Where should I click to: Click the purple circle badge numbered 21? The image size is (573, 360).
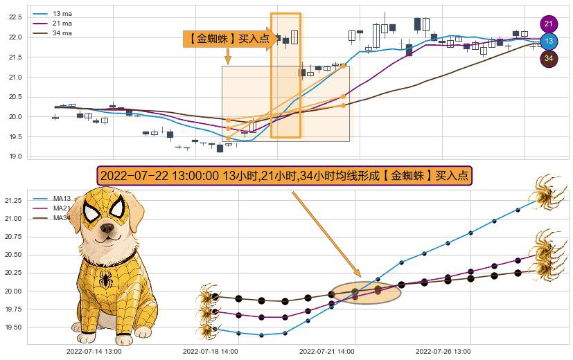coord(549,24)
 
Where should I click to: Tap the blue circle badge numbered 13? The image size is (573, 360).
coord(549,42)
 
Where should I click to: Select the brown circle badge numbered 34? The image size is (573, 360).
coord(549,59)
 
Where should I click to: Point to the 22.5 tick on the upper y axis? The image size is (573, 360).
coord(15,17)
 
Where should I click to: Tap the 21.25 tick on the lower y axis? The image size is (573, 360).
coord(13,201)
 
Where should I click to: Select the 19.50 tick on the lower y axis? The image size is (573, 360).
coord(13,327)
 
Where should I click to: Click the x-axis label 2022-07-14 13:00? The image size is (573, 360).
coord(94,352)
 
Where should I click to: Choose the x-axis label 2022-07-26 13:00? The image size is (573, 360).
coord(443,352)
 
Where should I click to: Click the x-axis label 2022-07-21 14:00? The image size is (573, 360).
coord(327,352)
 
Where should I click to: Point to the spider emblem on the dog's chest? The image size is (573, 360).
coord(106,278)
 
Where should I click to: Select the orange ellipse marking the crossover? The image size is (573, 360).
coord(367,293)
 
